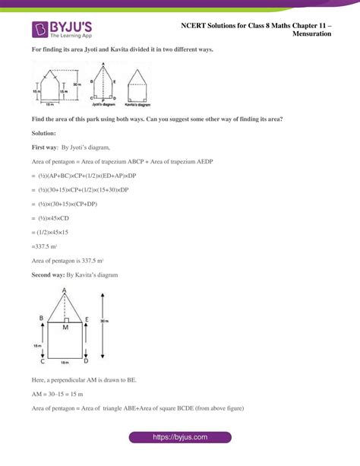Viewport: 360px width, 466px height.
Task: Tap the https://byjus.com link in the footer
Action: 179,439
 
